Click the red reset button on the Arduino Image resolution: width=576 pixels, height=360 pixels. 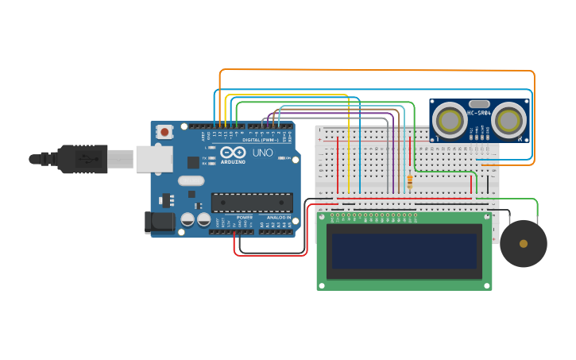click(x=164, y=131)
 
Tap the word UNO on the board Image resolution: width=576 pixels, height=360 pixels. click(x=262, y=153)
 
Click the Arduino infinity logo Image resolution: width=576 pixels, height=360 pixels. click(x=234, y=152)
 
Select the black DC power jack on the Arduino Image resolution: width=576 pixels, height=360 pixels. click(x=159, y=223)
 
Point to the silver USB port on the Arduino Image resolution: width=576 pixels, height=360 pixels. click(x=153, y=159)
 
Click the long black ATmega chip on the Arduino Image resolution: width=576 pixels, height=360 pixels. click(x=251, y=203)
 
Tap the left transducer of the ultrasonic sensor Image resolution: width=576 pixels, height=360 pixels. click(x=450, y=121)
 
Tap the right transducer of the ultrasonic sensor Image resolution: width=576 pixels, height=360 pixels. click(x=508, y=121)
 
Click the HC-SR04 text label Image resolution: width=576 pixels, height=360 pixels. click(x=479, y=113)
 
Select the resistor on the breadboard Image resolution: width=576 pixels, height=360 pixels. click(x=409, y=181)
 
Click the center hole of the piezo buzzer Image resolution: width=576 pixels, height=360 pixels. click(x=523, y=243)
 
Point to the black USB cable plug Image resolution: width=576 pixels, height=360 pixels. click(x=82, y=159)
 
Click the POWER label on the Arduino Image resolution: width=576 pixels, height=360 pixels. click(x=245, y=217)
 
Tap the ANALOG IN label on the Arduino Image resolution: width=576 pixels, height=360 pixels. click(x=277, y=217)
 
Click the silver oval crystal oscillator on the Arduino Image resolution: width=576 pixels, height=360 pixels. click(x=191, y=180)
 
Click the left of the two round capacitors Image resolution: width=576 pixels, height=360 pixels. click(x=188, y=219)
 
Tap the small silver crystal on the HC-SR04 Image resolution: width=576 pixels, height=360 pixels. click(x=479, y=103)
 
